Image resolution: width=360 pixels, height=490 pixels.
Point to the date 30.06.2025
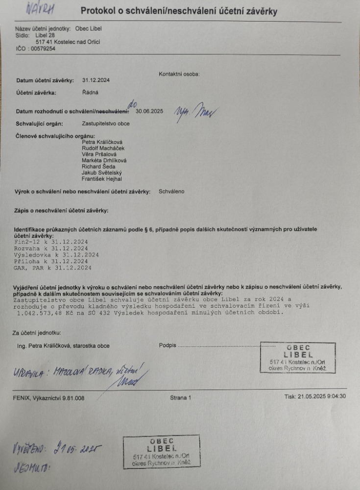tap(149, 111)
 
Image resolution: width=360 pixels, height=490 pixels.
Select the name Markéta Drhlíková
tap(104, 160)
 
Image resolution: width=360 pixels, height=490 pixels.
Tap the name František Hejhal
tap(102, 179)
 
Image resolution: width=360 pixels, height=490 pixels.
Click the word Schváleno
tap(171, 191)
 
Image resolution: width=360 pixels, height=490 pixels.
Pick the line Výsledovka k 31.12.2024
tap(56, 255)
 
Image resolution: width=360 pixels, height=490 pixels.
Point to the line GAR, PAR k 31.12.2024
tap(53, 268)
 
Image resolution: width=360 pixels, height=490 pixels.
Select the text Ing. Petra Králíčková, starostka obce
tap(63, 345)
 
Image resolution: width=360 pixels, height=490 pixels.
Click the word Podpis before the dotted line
tap(167, 345)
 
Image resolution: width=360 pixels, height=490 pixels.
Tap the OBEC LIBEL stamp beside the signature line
tap(298, 357)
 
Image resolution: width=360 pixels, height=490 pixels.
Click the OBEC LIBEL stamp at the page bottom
tap(161, 451)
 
